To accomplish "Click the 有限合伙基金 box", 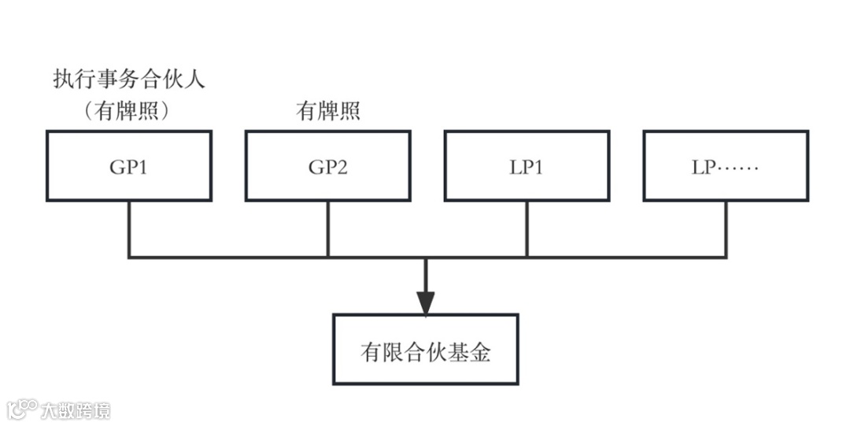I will pyautogui.click(x=425, y=350).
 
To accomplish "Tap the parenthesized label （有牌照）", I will pyautogui.click(x=128, y=111).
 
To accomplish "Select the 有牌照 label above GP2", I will pyautogui.click(x=327, y=112).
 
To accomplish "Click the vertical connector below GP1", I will pyautogui.click(x=129, y=228).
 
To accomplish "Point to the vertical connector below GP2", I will pyautogui.click(x=328, y=228).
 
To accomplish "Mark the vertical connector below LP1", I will pyautogui.click(x=527, y=228).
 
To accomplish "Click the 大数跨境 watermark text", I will pyautogui.click(x=76, y=409).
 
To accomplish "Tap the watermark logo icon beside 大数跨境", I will pyautogui.click(x=22, y=409).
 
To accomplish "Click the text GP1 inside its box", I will pyautogui.click(x=128, y=167).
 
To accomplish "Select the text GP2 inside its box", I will pyautogui.click(x=327, y=167).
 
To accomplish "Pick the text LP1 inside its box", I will pyautogui.click(x=527, y=167).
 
